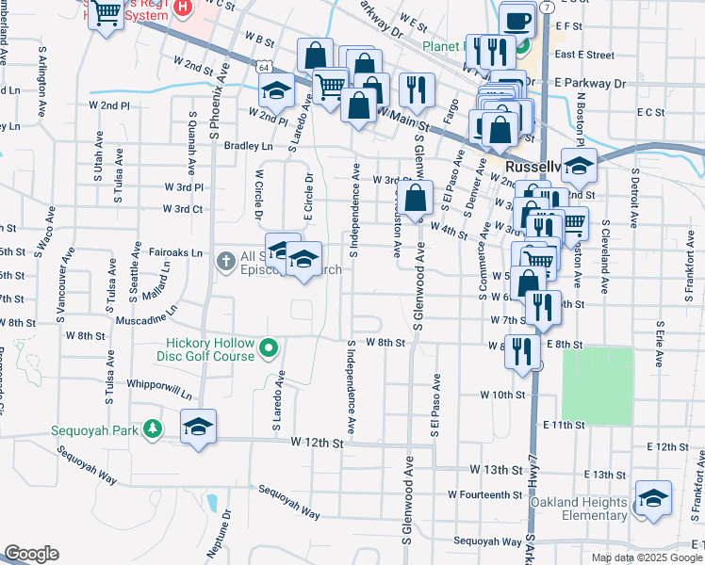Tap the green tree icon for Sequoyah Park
pos(151,430)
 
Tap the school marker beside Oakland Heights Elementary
pos(652,498)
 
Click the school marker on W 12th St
pos(198,427)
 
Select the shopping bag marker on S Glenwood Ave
pos(415,199)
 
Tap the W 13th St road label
pos(496,470)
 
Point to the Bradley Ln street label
pos(248,146)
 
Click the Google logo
pos(31,554)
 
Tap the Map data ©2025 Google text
pos(646,557)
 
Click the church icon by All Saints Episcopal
pos(225,260)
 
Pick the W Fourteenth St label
pos(484,494)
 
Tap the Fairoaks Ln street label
pos(175,253)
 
